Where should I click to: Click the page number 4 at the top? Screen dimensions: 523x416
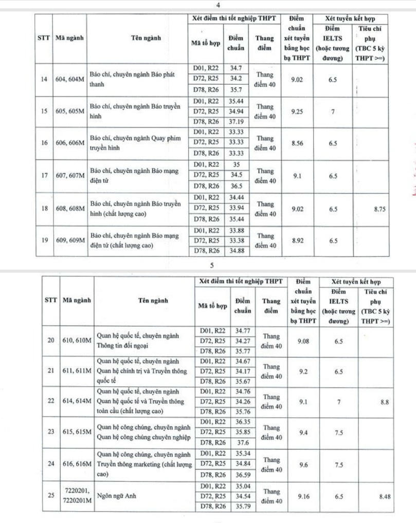coord(219,5)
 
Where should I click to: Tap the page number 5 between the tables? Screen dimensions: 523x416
coord(211,266)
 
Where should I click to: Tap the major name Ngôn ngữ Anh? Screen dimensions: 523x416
coord(115,496)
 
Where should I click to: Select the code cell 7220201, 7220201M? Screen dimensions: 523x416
coord(76,495)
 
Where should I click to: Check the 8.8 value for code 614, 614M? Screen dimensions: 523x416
coord(385,402)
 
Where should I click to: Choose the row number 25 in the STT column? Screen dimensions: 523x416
coord(50,495)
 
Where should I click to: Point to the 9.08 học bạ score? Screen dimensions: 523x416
coord(304,341)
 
